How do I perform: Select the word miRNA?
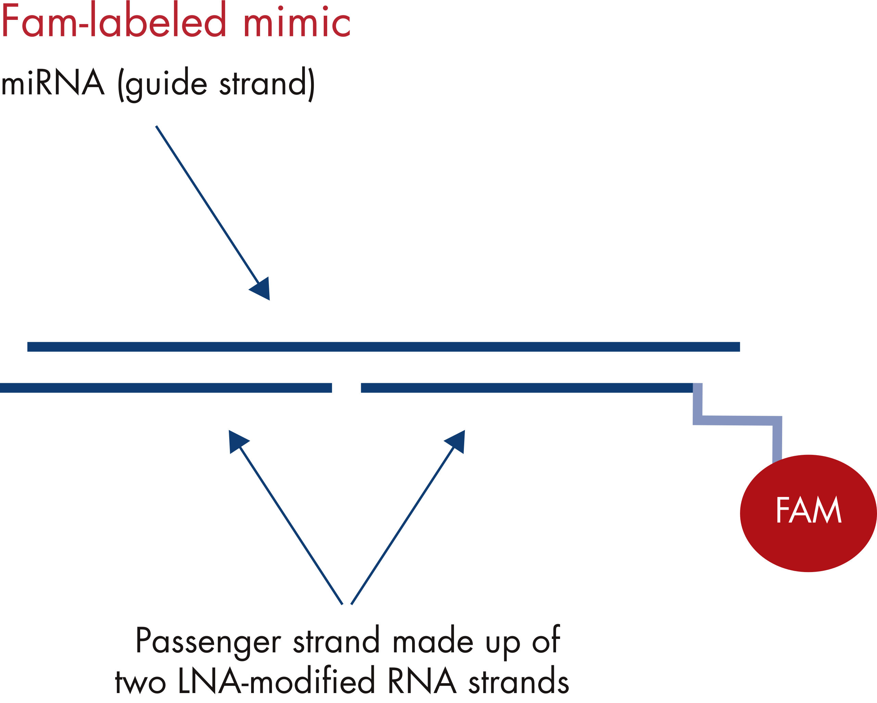(53, 83)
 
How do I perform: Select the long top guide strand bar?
(382, 347)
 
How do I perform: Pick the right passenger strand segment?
(527, 388)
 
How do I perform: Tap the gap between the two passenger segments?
(346, 388)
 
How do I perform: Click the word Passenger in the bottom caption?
(208, 641)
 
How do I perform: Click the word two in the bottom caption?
(140, 682)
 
